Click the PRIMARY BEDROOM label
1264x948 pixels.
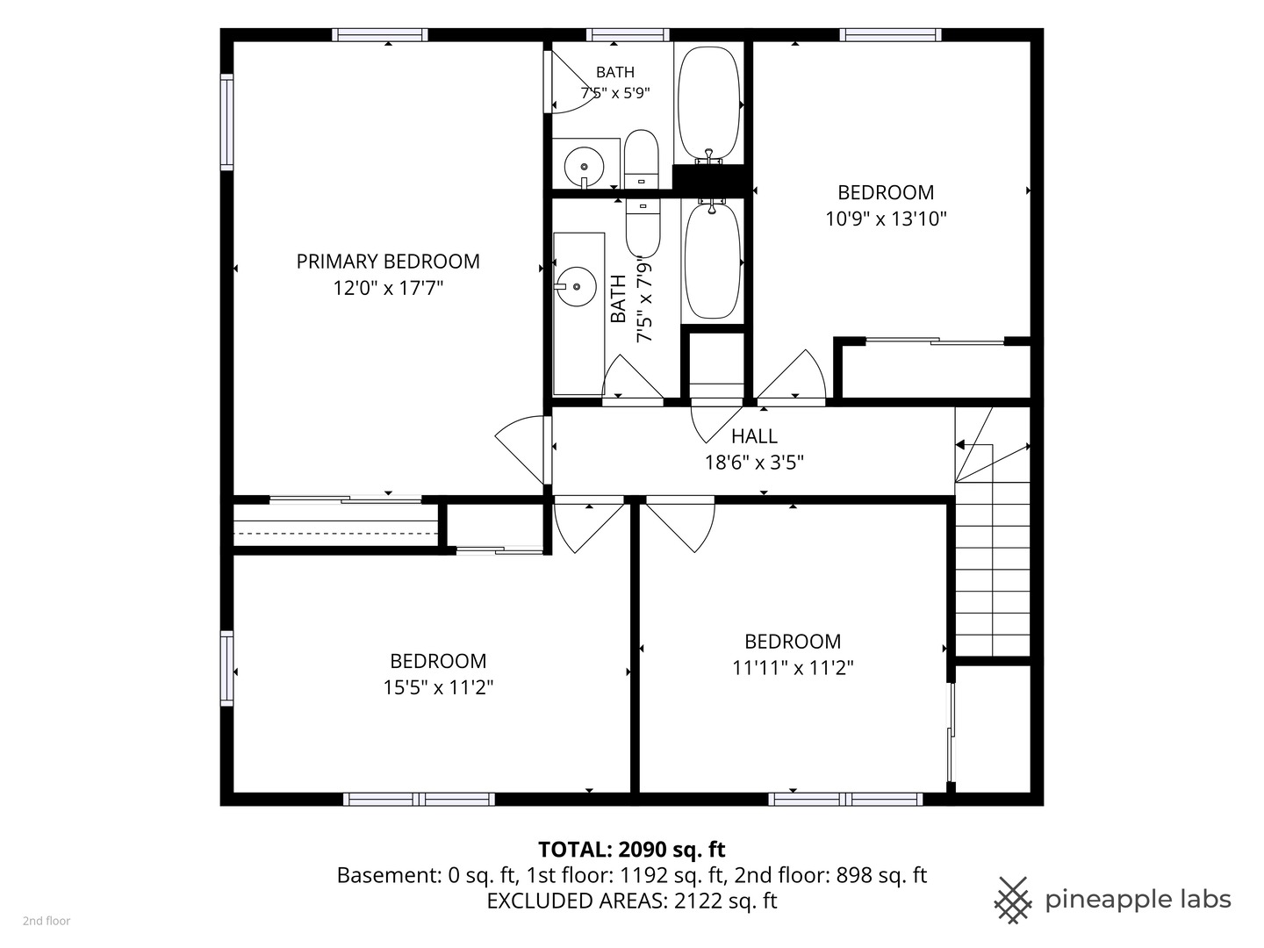coord(388,262)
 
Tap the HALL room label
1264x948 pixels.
coord(754,436)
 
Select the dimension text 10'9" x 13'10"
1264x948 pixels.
coord(886,219)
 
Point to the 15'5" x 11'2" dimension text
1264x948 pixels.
coord(438,687)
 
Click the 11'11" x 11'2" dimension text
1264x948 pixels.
coord(793,668)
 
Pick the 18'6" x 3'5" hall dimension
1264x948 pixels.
coord(754,463)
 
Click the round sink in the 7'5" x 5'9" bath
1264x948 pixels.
coord(584,167)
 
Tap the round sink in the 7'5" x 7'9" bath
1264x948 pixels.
coord(576,287)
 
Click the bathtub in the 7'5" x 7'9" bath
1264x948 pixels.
coord(712,260)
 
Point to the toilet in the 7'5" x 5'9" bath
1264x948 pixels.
coord(642,159)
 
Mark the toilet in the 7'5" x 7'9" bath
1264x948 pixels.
coord(643,228)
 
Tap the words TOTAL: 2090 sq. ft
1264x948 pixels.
coord(632,850)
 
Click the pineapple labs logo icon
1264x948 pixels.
coord(1013,901)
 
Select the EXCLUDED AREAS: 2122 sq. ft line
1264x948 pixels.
coord(632,901)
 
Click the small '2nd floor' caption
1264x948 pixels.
coord(47,921)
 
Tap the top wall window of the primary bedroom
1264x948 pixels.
coord(380,34)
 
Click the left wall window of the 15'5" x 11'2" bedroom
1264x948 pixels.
coord(226,668)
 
